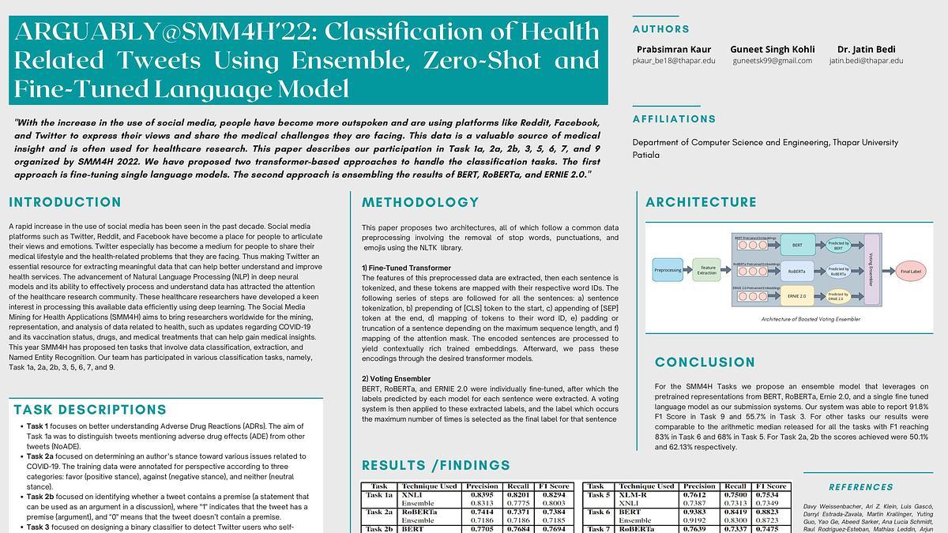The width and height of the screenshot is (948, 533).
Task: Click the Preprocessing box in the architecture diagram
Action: coord(668,270)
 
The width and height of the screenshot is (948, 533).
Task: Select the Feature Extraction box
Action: coord(707,270)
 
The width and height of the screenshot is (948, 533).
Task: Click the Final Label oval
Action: coord(911,272)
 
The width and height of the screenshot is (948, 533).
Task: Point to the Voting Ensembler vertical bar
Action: coord(871,268)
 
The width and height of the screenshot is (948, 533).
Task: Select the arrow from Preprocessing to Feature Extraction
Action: coord(687,270)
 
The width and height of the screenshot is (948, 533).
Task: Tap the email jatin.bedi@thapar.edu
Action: coord(866,61)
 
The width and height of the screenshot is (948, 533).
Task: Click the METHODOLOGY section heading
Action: coord(420,203)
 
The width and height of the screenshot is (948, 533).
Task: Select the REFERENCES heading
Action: coord(861,487)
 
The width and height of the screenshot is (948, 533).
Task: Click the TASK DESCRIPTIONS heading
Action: coord(90,410)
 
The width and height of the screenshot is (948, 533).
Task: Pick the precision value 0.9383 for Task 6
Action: coord(699,512)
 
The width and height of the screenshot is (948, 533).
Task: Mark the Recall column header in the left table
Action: coord(518,486)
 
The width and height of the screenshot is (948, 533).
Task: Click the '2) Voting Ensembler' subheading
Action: coord(397,379)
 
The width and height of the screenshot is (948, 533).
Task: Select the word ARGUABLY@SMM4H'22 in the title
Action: coord(164,32)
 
